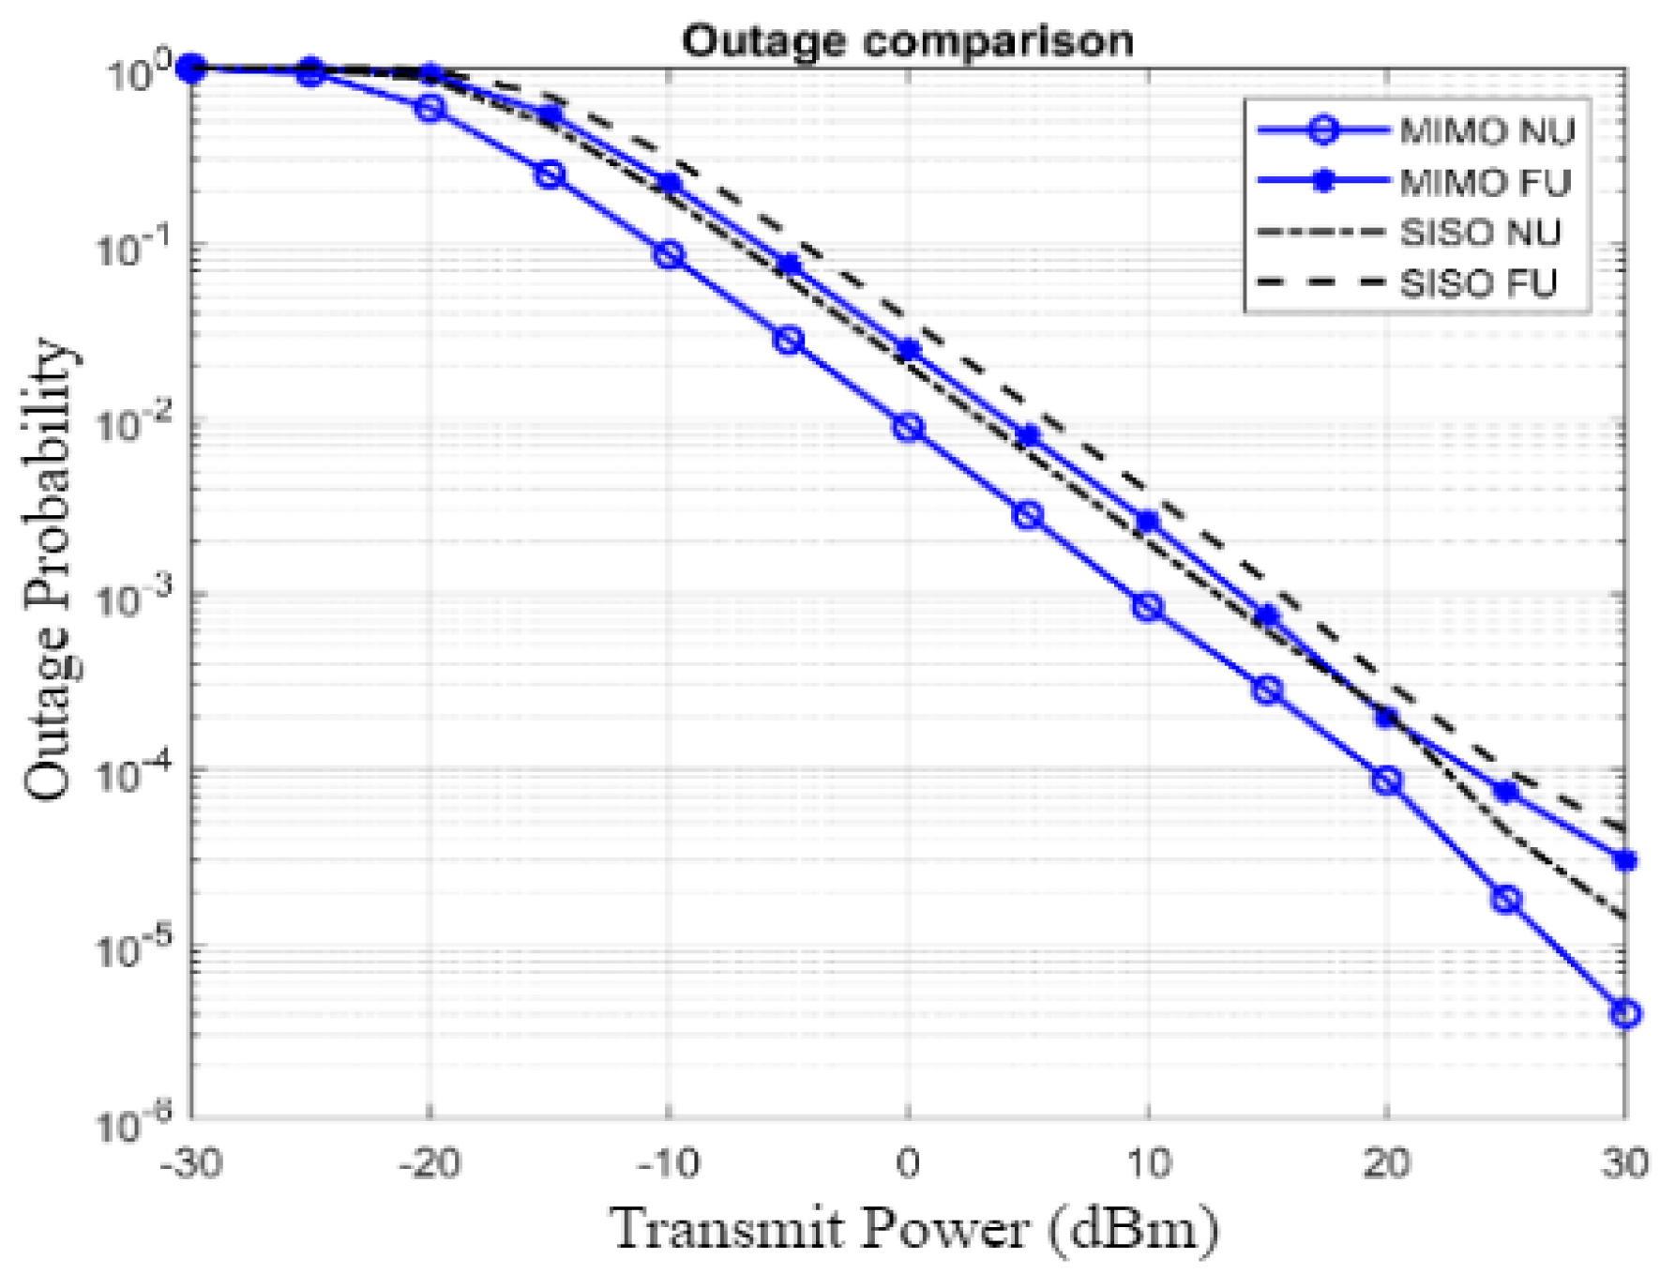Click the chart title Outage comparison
907,41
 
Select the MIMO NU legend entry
1486,131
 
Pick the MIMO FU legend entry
1485,182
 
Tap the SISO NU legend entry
1480,233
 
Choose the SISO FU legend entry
1478,283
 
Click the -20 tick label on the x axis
429,1164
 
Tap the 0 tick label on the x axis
907,1164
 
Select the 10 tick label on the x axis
1147,1164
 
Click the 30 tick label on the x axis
1624,1164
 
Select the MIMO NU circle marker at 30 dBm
1625,1013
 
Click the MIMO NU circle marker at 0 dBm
908,428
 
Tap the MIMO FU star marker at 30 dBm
1625,860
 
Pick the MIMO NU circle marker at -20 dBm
430,109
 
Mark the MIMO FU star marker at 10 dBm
1147,521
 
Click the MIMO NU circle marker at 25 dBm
1506,899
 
